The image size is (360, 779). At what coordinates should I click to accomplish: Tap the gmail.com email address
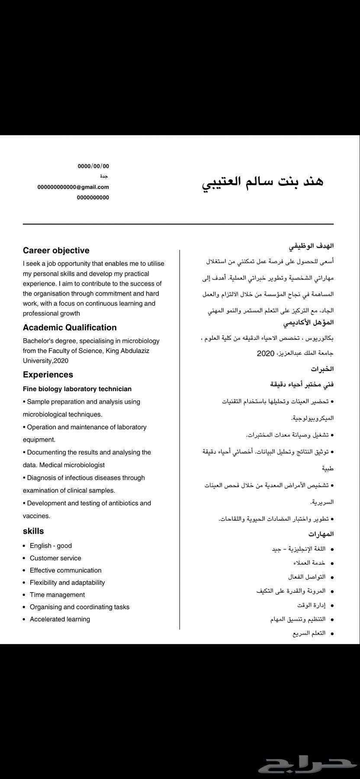click(73, 187)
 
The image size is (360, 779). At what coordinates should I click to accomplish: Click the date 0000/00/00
click(93, 166)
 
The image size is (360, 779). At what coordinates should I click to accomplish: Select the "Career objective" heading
click(56, 250)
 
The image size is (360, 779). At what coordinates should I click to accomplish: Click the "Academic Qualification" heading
click(70, 328)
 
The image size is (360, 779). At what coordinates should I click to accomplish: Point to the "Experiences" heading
click(48, 375)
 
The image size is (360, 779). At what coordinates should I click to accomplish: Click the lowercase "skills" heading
click(33, 531)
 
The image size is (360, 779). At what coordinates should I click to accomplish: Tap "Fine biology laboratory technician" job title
click(77, 389)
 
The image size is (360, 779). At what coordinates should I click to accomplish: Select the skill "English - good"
click(51, 546)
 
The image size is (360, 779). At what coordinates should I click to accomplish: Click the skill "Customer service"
click(55, 558)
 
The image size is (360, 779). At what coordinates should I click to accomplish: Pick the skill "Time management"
click(57, 595)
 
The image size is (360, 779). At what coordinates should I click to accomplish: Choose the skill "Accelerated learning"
click(60, 619)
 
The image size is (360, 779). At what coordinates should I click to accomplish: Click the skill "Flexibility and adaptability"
click(67, 583)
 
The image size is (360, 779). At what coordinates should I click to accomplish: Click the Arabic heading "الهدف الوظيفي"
click(311, 246)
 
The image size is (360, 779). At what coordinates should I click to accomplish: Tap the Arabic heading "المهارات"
click(321, 534)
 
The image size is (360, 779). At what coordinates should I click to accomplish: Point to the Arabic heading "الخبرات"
click(322, 369)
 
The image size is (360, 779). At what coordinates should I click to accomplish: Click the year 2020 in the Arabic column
click(266, 354)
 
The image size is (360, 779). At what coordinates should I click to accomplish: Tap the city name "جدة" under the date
click(104, 177)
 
